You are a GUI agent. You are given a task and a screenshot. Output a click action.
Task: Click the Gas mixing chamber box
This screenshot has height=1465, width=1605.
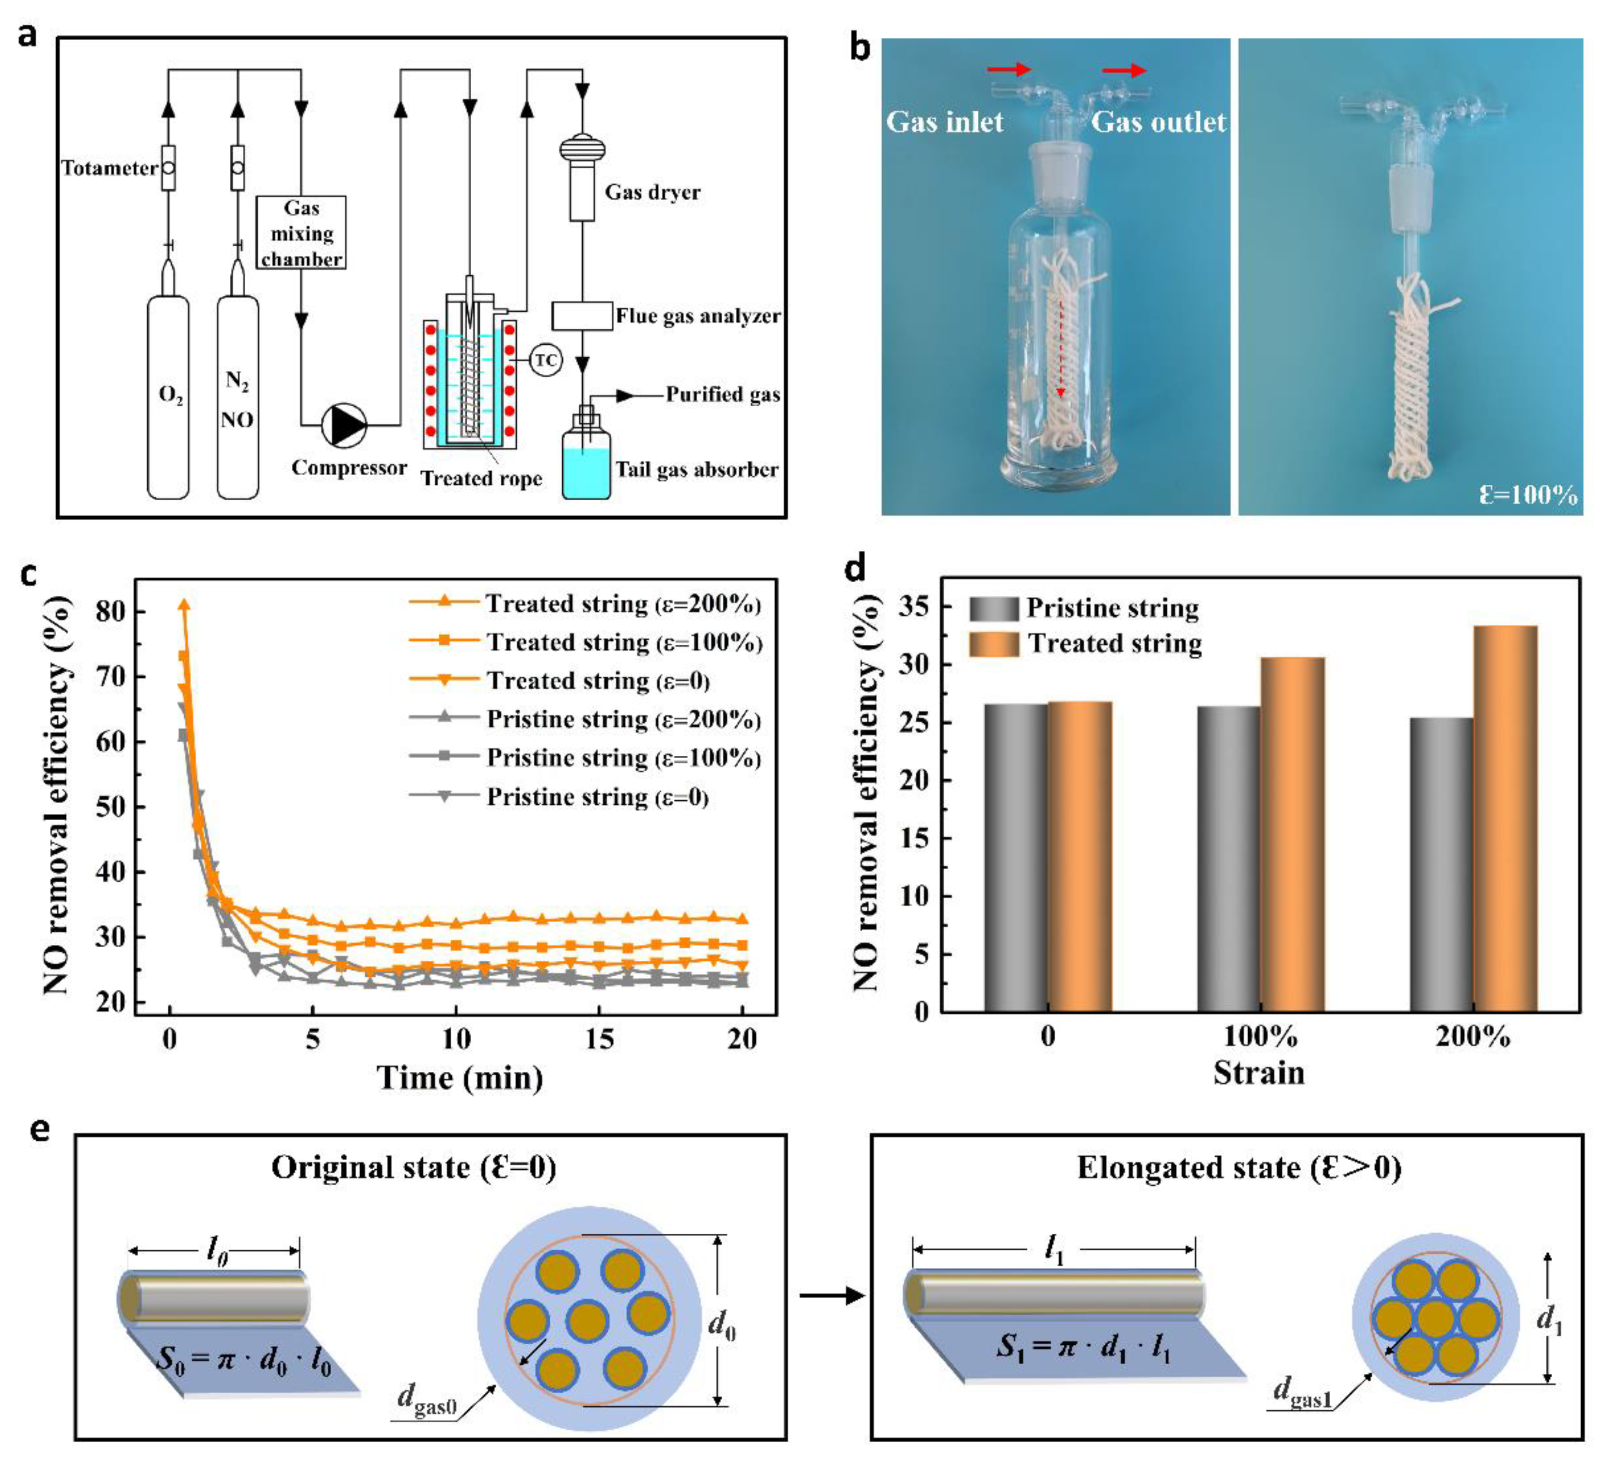point(301,233)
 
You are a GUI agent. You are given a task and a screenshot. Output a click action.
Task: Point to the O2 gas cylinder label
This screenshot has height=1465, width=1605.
point(170,395)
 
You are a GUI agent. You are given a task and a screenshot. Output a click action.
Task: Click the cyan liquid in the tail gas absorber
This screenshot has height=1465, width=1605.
point(587,473)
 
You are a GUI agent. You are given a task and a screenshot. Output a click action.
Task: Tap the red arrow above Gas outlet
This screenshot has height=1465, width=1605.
point(1124,71)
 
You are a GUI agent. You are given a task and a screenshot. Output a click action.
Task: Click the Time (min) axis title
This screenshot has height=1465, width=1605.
point(460,1078)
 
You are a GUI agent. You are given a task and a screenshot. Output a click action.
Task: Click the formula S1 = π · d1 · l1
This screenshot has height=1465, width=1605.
point(1083,1348)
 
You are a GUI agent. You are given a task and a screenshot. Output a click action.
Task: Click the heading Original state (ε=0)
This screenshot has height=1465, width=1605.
point(413,1168)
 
